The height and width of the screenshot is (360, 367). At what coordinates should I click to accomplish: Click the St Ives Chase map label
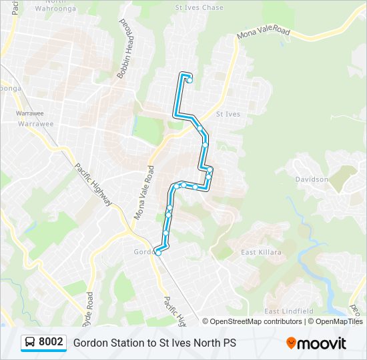199,7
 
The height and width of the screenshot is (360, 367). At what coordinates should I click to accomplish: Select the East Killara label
261,252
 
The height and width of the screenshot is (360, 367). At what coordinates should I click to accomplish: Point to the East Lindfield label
289,311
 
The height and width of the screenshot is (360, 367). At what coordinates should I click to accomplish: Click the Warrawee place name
35,123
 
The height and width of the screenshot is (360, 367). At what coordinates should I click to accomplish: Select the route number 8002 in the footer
51,342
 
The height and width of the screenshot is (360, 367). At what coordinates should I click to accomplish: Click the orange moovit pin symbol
291,343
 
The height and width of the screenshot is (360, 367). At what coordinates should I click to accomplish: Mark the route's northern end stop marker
190,81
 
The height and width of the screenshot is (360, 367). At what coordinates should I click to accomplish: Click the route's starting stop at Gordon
158,253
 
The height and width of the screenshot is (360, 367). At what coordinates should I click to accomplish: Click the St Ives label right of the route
228,114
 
